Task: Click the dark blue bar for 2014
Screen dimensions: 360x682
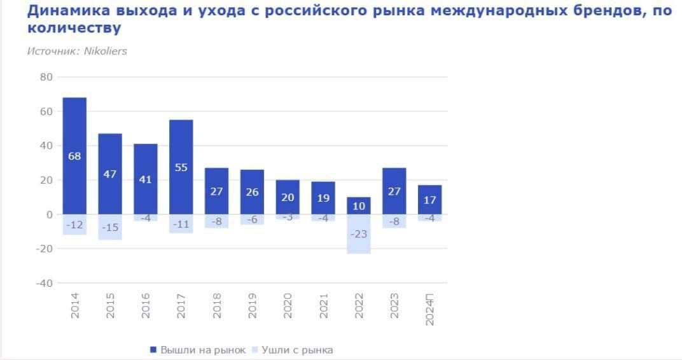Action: coord(74,127)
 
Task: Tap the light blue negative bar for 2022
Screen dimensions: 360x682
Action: coord(359,245)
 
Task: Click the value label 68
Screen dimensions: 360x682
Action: coord(74,156)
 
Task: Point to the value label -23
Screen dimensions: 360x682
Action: coord(359,234)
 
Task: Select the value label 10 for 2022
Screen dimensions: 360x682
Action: coord(359,206)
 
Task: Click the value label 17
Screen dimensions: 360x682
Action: coord(430,200)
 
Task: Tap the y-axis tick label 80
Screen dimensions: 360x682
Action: coord(46,77)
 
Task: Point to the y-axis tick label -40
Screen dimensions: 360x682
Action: coord(43,283)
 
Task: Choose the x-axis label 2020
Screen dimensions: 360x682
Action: coord(288,306)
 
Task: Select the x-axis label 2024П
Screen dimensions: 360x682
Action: coord(430,310)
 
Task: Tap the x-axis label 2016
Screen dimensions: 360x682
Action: coord(146,306)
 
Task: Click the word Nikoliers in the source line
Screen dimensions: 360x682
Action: coord(105,51)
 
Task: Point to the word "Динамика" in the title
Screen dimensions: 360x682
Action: coord(66,11)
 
